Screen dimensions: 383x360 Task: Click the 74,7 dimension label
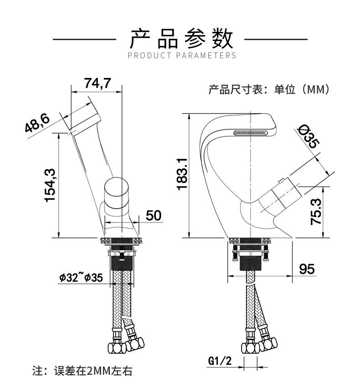click(98, 83)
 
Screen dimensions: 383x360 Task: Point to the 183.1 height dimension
click(181, 174)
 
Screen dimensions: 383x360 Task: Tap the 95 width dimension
click(306, 269)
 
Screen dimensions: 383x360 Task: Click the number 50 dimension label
click(154, 215)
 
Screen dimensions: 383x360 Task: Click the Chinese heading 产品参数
click(181, 39)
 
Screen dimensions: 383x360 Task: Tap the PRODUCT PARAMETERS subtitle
click(182, 56)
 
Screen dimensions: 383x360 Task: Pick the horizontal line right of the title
click(276, 40)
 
